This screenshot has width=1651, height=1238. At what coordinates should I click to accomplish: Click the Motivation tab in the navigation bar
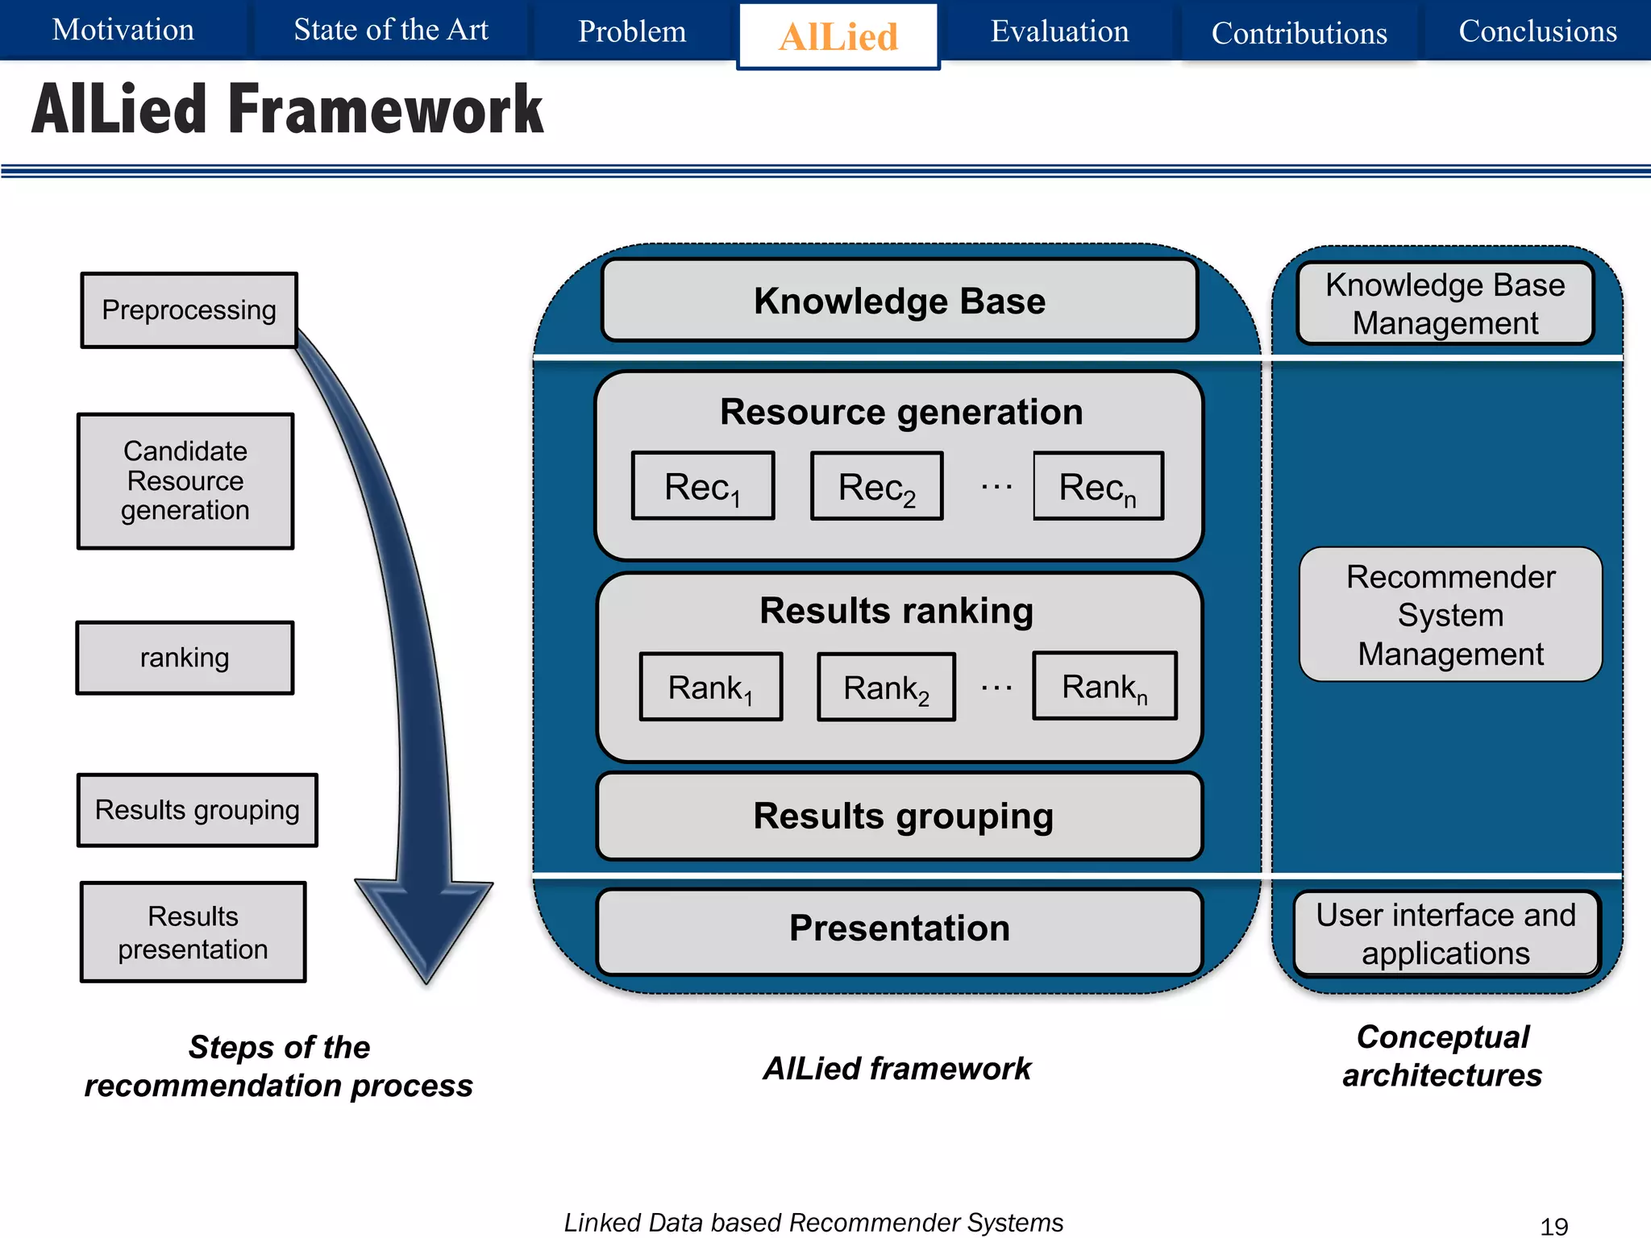123,30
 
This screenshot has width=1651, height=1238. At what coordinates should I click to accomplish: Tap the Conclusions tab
1537,31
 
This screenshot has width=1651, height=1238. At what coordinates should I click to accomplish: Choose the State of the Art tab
391,30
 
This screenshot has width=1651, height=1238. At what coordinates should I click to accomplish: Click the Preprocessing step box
189,310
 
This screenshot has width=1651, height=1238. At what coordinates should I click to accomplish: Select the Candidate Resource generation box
185,481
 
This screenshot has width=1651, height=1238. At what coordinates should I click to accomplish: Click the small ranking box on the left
185,658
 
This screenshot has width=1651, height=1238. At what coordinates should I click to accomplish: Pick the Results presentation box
193,933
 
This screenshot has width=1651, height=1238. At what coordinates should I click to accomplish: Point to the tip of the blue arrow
427,979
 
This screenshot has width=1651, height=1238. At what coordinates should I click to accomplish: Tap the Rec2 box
877,487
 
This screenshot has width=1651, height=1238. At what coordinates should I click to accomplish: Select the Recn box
1098,487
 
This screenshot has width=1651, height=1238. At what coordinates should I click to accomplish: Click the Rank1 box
710,688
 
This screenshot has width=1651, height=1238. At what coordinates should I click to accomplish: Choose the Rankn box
1104,687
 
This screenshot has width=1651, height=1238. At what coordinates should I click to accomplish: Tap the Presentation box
900,929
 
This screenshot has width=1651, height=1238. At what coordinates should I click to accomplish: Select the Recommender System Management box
1450,615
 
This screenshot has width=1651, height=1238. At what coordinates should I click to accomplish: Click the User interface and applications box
1446,934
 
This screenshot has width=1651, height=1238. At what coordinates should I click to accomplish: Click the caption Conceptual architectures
1442,1056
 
